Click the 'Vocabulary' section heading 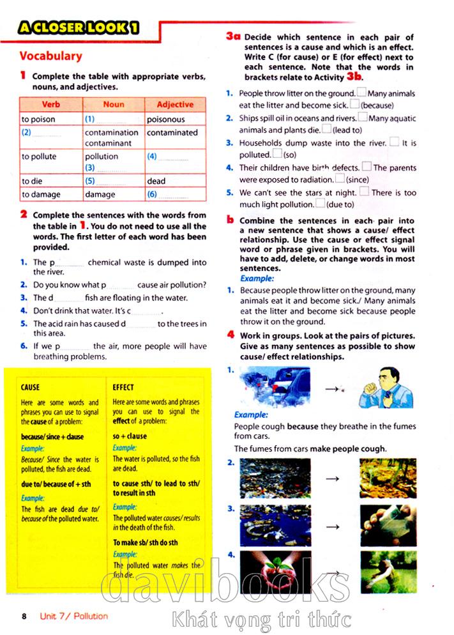(x=50, y=56)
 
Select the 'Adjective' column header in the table (x=174, y=104)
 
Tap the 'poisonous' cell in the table (x=165, y=119)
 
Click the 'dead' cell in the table (x=156, y=181)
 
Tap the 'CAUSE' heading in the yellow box (x=30, y=387)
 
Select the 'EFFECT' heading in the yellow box (x=123, y=387)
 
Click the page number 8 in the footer (x=24, y=616)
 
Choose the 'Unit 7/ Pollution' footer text (x=73, y=616)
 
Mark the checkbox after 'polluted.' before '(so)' (x=277, y=154)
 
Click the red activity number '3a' (x=233, y=37)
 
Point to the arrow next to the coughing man (x=333, y=388)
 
